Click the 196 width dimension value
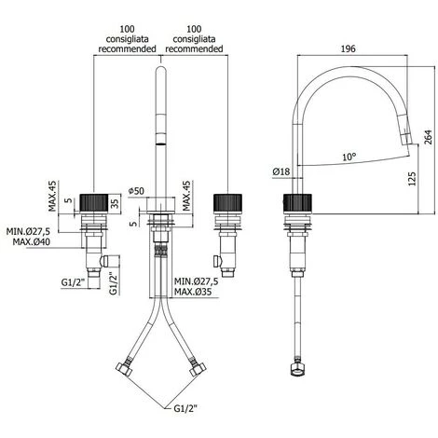click(x=348, y=48)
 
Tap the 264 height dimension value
click(x=428, y=137)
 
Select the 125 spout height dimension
click(x=412, y=179)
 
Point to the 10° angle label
click(x=349, y=157)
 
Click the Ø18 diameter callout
click(x=281, y=171)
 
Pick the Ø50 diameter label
click(x=137, y=191)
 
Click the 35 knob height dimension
click(x=115, y=204)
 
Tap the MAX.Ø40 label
click(x=31, y=241)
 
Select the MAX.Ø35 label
click(x=193, y=292)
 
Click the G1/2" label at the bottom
click(x=185, y=409)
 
